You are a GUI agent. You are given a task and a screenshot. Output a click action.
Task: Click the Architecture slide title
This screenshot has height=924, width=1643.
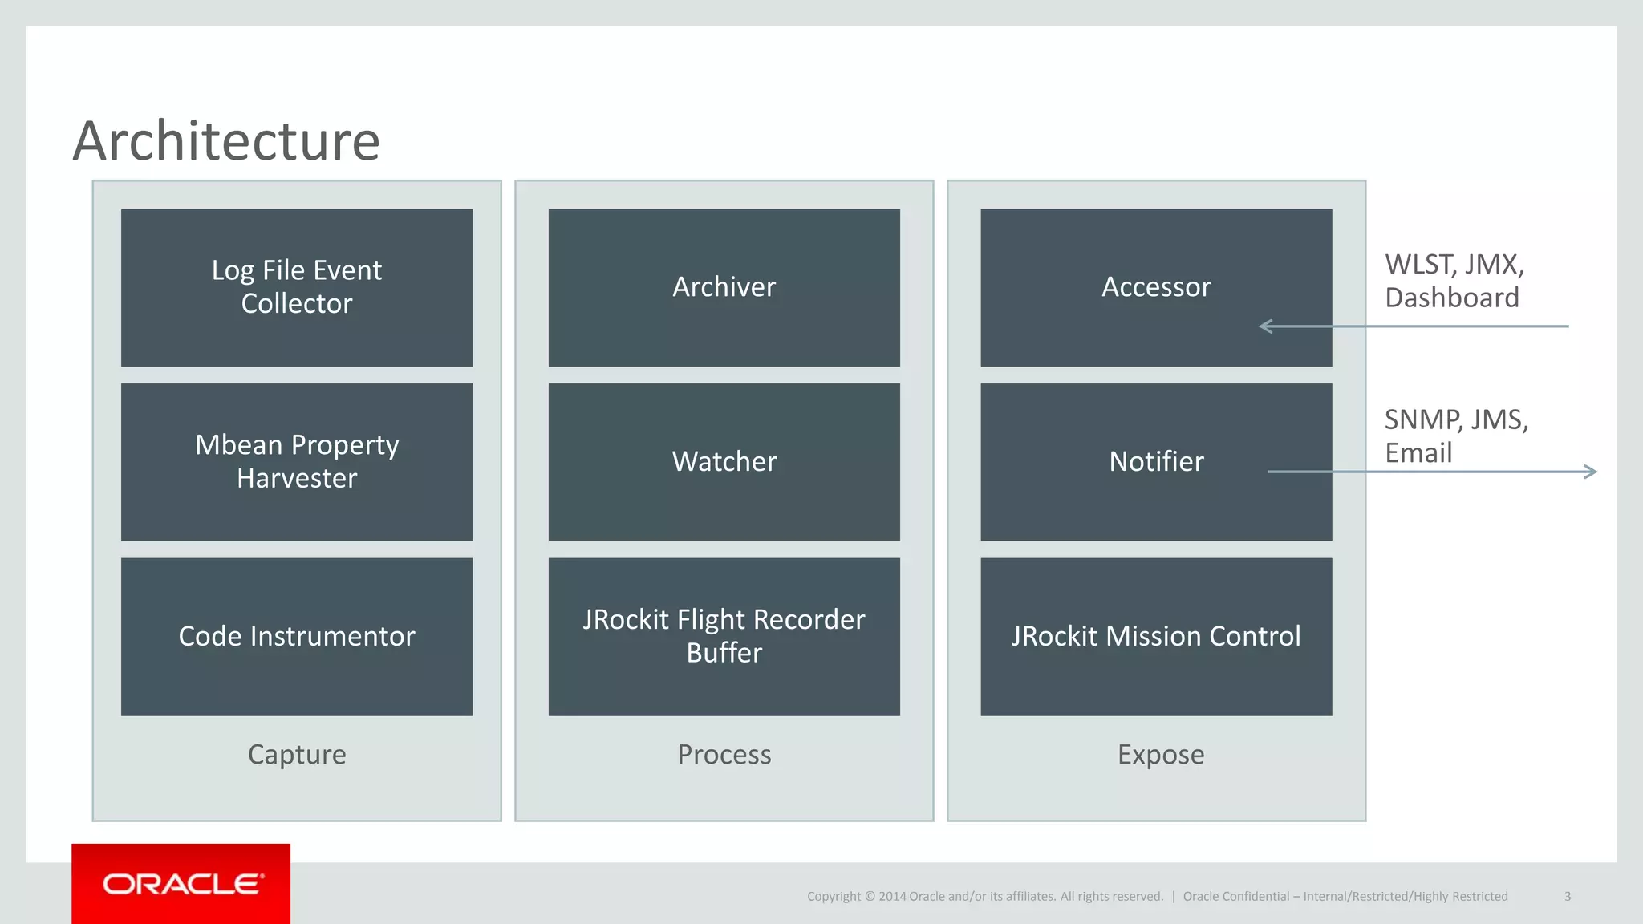click(x=226, y=141)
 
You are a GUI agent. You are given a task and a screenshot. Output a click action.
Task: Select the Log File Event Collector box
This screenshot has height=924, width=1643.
click(x=297, y=287)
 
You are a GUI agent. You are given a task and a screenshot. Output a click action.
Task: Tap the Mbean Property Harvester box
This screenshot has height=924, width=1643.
click(x=297, y=462)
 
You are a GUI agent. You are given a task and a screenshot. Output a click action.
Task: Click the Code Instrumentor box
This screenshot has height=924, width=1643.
click(x=297, y=637)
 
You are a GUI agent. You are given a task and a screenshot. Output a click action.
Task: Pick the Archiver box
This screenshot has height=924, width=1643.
click(x=724, y=287)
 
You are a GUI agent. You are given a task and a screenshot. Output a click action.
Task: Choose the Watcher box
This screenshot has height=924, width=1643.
click(x=724, y=462)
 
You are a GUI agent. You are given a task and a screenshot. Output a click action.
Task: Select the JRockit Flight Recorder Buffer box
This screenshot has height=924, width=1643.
click(x=724, y=637)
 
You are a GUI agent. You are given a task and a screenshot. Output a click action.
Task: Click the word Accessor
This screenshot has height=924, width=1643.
click(x=1156, y=287)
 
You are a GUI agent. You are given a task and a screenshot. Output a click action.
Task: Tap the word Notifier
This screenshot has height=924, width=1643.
click(x=1156, y=462)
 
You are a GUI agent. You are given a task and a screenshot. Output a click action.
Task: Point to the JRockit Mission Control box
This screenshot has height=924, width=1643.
click(x=1156, y=637)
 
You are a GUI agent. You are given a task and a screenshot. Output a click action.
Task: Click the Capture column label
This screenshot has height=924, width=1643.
click(x=297, y=755)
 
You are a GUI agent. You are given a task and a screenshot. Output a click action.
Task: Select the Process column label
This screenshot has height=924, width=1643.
click(x=724, y=755)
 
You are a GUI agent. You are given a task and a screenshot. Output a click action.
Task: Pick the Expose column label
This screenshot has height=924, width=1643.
click(x=1161, y=755)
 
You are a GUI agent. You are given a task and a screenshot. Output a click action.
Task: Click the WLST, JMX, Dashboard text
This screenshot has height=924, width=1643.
click(x=1454, y=281)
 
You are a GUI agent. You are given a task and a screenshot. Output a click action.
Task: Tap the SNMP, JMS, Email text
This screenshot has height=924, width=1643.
click(x=1455, y=436)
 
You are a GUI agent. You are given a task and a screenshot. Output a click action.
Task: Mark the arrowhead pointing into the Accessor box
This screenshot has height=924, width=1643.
click(x=1266, y=326)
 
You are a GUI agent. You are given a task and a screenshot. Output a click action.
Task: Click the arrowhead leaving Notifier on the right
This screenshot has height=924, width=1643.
click(x=1591, y=472)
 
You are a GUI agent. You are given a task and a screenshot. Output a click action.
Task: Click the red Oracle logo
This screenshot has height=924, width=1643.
click(x=181, y=884)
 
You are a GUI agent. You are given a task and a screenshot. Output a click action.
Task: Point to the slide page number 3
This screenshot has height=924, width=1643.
click(x=1567, y=897)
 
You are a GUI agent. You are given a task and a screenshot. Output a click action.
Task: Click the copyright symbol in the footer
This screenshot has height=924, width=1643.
click(x=869, y=897)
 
